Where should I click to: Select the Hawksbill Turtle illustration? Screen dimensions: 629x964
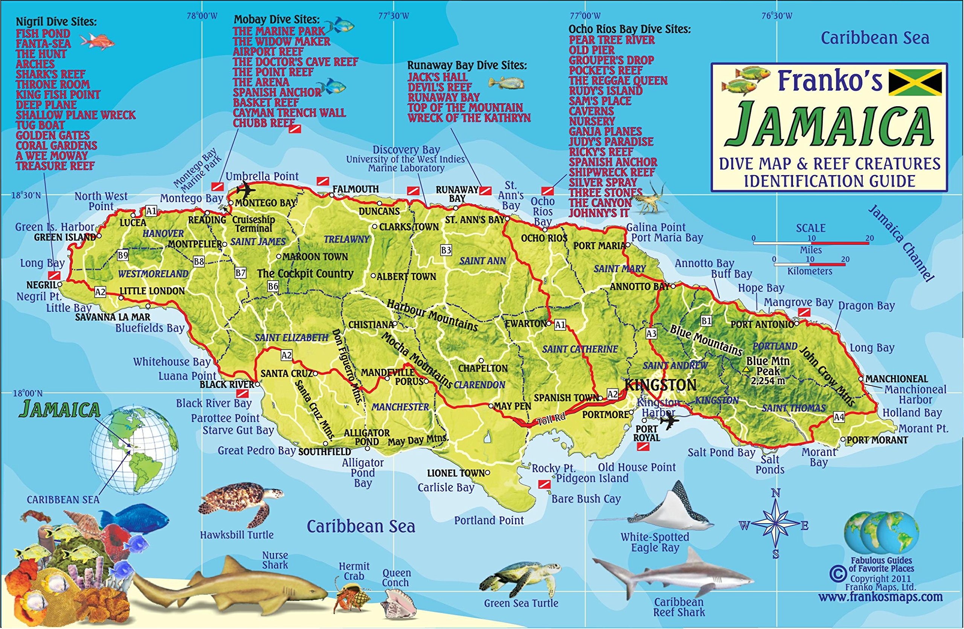(x=241, y=504)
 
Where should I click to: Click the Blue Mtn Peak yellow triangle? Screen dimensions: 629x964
(x=746, y=369)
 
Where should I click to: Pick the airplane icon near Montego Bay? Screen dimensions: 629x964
(x=245, y=189)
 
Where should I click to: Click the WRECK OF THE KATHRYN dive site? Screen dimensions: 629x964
(x=469, y=118)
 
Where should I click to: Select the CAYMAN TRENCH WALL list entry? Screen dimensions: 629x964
(x=289, y=113)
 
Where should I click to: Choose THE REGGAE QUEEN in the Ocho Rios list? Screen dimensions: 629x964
(x=618, y=81)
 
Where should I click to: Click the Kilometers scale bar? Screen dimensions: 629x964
(x=809, y=264)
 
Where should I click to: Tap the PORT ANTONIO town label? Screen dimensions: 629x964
(x=762, y=324)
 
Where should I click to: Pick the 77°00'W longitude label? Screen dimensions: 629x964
(x=585, y=16)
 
